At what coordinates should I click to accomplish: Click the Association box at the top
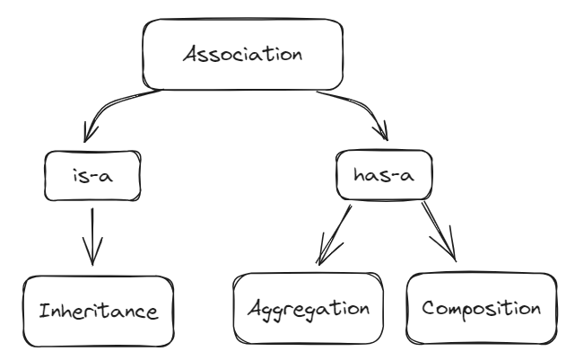pyautogui.click(x=241, y=54)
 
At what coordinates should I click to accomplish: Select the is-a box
pyautogui.click(x=94, y=176)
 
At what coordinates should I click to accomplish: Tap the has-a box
pyautogui.click(x=381, y=176)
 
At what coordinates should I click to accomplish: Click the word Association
pyautogui.click(x=241, y=53)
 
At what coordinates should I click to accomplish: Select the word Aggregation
pyautogui.click(x=309, y=310)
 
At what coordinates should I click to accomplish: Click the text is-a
pyautogui.click(x=94, y=176)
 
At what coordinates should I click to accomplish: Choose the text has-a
pyautogui.click(x=381, y=176)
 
